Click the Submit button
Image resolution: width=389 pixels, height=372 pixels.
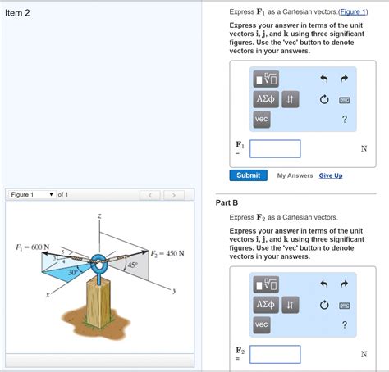(248, 175)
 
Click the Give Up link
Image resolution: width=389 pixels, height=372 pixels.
(331, 175)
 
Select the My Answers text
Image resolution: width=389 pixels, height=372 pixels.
(295, 175)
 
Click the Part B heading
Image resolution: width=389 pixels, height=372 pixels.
(227, 202)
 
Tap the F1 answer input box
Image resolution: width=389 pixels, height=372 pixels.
(275, 148)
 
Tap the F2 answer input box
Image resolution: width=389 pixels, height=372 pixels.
(275, 354)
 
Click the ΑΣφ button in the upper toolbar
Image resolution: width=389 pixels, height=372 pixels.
(265, 99)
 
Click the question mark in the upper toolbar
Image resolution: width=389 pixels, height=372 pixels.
(345, 120)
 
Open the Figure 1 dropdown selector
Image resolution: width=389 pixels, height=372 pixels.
(32, 195)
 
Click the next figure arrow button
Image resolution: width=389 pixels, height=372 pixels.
(173, 195)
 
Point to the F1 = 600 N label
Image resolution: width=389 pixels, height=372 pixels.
(33, 247)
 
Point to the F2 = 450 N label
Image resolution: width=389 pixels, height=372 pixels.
(167, 253)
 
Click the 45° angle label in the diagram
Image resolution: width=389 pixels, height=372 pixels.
(132, 265)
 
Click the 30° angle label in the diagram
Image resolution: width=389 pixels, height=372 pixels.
(73, 271)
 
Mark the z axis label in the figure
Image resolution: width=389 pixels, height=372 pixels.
(99, 216)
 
